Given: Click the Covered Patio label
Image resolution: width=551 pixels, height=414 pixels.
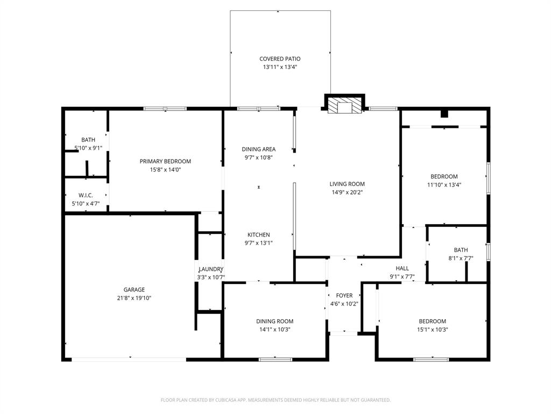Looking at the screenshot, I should click(x=280, y=59).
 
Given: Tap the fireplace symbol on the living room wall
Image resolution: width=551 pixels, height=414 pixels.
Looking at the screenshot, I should click(x=344, y=106).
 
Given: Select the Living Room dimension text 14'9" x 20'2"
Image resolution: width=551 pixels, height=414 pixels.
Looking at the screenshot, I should click(x=347, y=192).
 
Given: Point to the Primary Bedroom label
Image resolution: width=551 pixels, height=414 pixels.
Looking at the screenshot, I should click(x=165, y=161).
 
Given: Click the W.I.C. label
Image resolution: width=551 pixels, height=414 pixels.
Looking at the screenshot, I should click(x=86, y=195).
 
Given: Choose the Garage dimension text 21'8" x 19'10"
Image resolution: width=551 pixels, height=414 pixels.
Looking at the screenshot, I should click(x=134, y=298).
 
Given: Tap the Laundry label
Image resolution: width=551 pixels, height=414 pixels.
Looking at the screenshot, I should click(x=210, y=269).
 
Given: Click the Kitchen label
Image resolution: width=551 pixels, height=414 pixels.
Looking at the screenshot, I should click(x=258, y=234).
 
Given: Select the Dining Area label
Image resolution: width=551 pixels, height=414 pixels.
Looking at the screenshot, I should click(x=258, y=149).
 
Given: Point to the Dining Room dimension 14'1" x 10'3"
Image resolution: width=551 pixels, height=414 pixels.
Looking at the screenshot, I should click(x=274, y=329).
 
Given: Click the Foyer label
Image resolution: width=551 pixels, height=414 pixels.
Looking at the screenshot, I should click(x=344, y=295).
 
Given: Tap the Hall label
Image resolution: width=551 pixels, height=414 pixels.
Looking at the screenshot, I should click(x=402, y=268).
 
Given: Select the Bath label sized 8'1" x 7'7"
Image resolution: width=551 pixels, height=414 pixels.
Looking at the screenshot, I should click(x=461, y=250).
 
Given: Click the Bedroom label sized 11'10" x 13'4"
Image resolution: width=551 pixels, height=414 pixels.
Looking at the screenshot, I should click(x=444, y=176).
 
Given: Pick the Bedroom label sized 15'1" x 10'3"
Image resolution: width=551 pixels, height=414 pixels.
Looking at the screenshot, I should click(x=433, y=321).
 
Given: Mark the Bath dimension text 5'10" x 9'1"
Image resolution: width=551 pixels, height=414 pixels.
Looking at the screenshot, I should click(x=88, y=148).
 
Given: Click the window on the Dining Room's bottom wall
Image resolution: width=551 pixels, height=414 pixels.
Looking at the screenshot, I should click(x=275, y=359).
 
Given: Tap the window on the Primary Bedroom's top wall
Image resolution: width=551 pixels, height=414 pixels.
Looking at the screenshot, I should click(x=165, y=109).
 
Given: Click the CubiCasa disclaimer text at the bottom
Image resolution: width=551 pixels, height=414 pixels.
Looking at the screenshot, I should click(x=275, y=400).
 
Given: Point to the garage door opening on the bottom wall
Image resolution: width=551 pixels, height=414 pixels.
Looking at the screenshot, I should click(x=129, y=359).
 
